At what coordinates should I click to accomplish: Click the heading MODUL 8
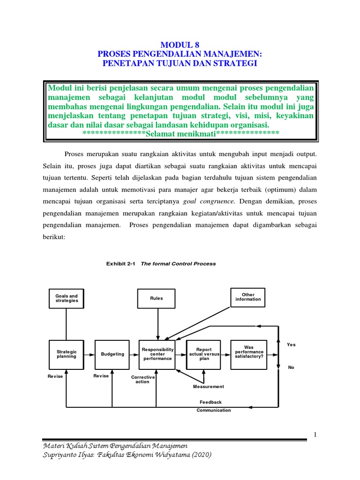pos(180,45)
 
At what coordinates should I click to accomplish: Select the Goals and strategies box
pos(67,298)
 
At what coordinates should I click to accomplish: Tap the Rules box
pos(157,298)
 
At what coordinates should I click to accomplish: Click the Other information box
pos(248,297)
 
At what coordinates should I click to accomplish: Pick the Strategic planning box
pos(67,354)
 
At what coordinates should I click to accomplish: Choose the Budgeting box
pos(112,354)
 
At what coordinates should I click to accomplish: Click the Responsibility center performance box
pos(158,354)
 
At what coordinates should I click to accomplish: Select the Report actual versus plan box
pos(204,354)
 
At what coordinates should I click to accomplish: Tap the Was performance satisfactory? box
pos(249,352)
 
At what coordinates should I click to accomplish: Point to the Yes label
pos(291,345)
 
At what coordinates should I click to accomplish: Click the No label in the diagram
pos(291,367)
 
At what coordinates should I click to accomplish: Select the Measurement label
pos(209,387)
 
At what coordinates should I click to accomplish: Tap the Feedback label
pos(210,402)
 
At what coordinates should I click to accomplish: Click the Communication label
pos(214,410)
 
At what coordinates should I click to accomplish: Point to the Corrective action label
pos(140,379)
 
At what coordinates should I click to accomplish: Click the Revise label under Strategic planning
pos(55,376)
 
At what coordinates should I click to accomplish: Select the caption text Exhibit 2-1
pos(120,264)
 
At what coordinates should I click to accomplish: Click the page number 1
pos(316,435)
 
